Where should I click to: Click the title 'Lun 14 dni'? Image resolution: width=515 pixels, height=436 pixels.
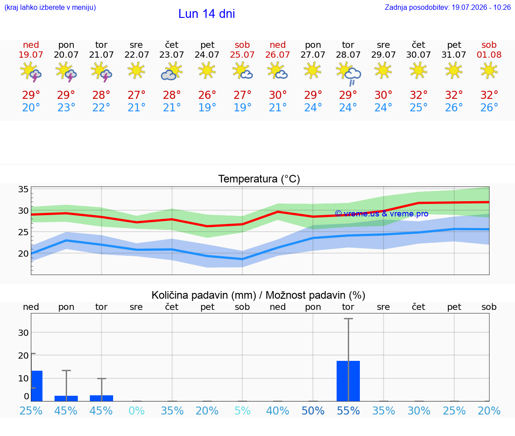tap(207, 14)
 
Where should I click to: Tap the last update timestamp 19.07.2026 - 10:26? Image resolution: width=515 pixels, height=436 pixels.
tap(481, 7)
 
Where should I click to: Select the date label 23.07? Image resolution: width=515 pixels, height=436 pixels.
tap(172, 55)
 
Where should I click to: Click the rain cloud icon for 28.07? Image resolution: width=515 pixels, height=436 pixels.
tap(349, 74)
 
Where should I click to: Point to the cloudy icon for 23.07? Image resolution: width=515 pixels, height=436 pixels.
tap(172, 71)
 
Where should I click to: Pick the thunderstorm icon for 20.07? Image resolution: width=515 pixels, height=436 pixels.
tap(66, 72)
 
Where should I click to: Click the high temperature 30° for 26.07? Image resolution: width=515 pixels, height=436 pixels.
tap(278, 95)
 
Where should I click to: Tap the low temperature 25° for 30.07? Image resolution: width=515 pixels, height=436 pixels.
tap(418, 107)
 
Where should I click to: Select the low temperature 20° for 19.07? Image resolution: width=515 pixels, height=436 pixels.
tap(31, 107)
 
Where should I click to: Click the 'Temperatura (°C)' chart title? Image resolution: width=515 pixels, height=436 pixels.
tap(259, 179)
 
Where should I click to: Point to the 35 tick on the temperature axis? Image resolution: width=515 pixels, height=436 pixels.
tap(23, 189)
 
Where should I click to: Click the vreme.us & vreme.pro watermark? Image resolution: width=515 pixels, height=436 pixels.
tap(382, 214)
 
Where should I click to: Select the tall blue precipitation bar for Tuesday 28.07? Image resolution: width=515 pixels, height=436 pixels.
tap(348, 381)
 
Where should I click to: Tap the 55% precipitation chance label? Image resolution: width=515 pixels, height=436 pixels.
tap(348, 411)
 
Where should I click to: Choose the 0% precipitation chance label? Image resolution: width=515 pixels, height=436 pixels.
tap(136, 411)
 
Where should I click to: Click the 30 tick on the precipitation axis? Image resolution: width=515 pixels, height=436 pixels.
tap(23, 333)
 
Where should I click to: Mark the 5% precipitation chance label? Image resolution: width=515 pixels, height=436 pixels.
tap(242, 411)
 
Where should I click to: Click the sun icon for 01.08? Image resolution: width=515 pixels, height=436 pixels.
tap(489, 71)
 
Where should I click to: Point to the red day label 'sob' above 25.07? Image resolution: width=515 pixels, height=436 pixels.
tap(242, 45)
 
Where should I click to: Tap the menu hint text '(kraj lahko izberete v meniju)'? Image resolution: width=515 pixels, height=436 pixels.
tap(50, 7)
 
